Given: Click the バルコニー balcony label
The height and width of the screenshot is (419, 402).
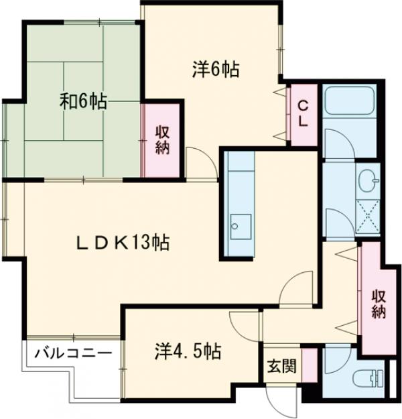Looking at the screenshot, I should point(69,353).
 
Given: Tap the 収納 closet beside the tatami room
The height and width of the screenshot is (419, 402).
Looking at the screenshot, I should point(163,139).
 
